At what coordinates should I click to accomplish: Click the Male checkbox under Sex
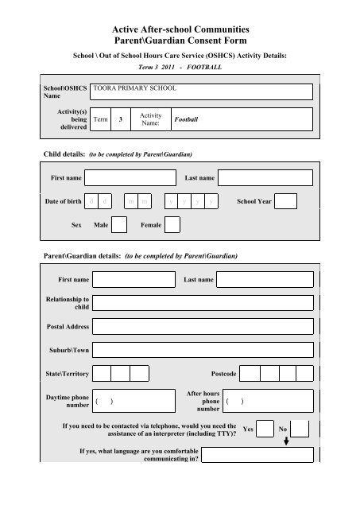pos(119,225)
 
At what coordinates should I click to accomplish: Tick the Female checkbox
pos(172,225)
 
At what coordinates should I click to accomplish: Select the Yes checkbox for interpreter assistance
pos(266,429)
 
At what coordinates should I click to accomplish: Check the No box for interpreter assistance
pos(300,429)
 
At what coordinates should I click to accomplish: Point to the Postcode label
pos(223,373)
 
